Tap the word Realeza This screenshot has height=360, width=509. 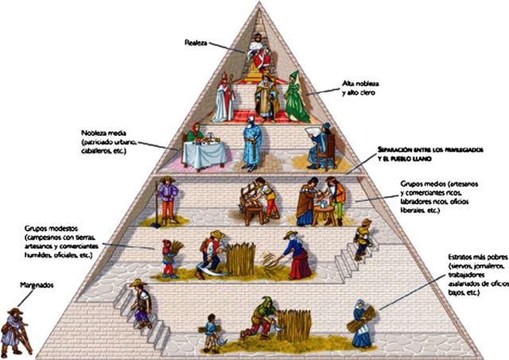pos(195,43)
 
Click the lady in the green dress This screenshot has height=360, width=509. pos(297,98)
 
